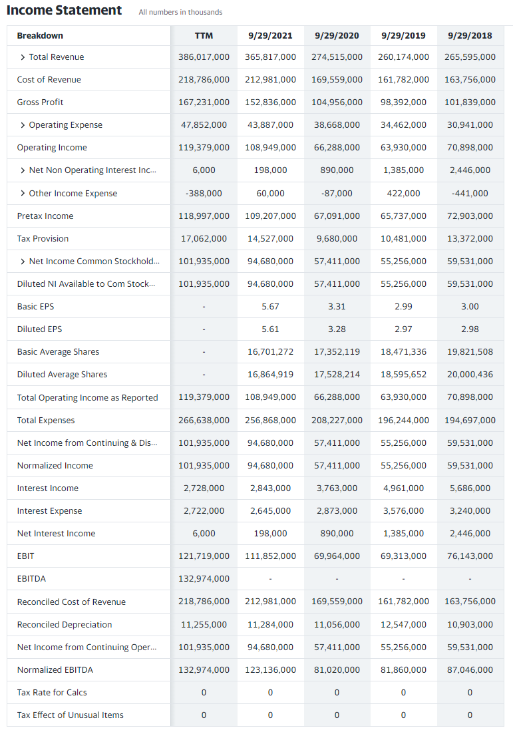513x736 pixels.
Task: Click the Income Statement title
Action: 65,11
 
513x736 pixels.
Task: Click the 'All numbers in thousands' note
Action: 180,12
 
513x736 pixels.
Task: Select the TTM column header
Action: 204,35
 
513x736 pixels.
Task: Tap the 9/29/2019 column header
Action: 403,35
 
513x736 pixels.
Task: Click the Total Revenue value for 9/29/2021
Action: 270,57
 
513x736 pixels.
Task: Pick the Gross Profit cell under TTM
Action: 204,102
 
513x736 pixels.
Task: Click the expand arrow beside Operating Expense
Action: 23,125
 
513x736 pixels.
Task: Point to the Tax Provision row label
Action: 43,238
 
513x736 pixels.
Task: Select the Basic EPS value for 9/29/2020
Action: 337,307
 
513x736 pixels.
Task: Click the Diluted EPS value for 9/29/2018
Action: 470,329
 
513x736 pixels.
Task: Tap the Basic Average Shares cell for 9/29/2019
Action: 403,352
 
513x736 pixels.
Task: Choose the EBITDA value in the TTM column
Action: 204,579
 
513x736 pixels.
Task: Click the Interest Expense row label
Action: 49,511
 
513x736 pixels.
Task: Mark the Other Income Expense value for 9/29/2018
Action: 470,194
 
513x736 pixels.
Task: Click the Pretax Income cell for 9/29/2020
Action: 337,216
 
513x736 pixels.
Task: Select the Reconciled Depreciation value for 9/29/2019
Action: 403,624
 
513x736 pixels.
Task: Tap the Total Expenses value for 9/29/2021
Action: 270,421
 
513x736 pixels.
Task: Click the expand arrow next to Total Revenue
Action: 23,57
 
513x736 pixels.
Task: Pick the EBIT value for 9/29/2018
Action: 470,556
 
